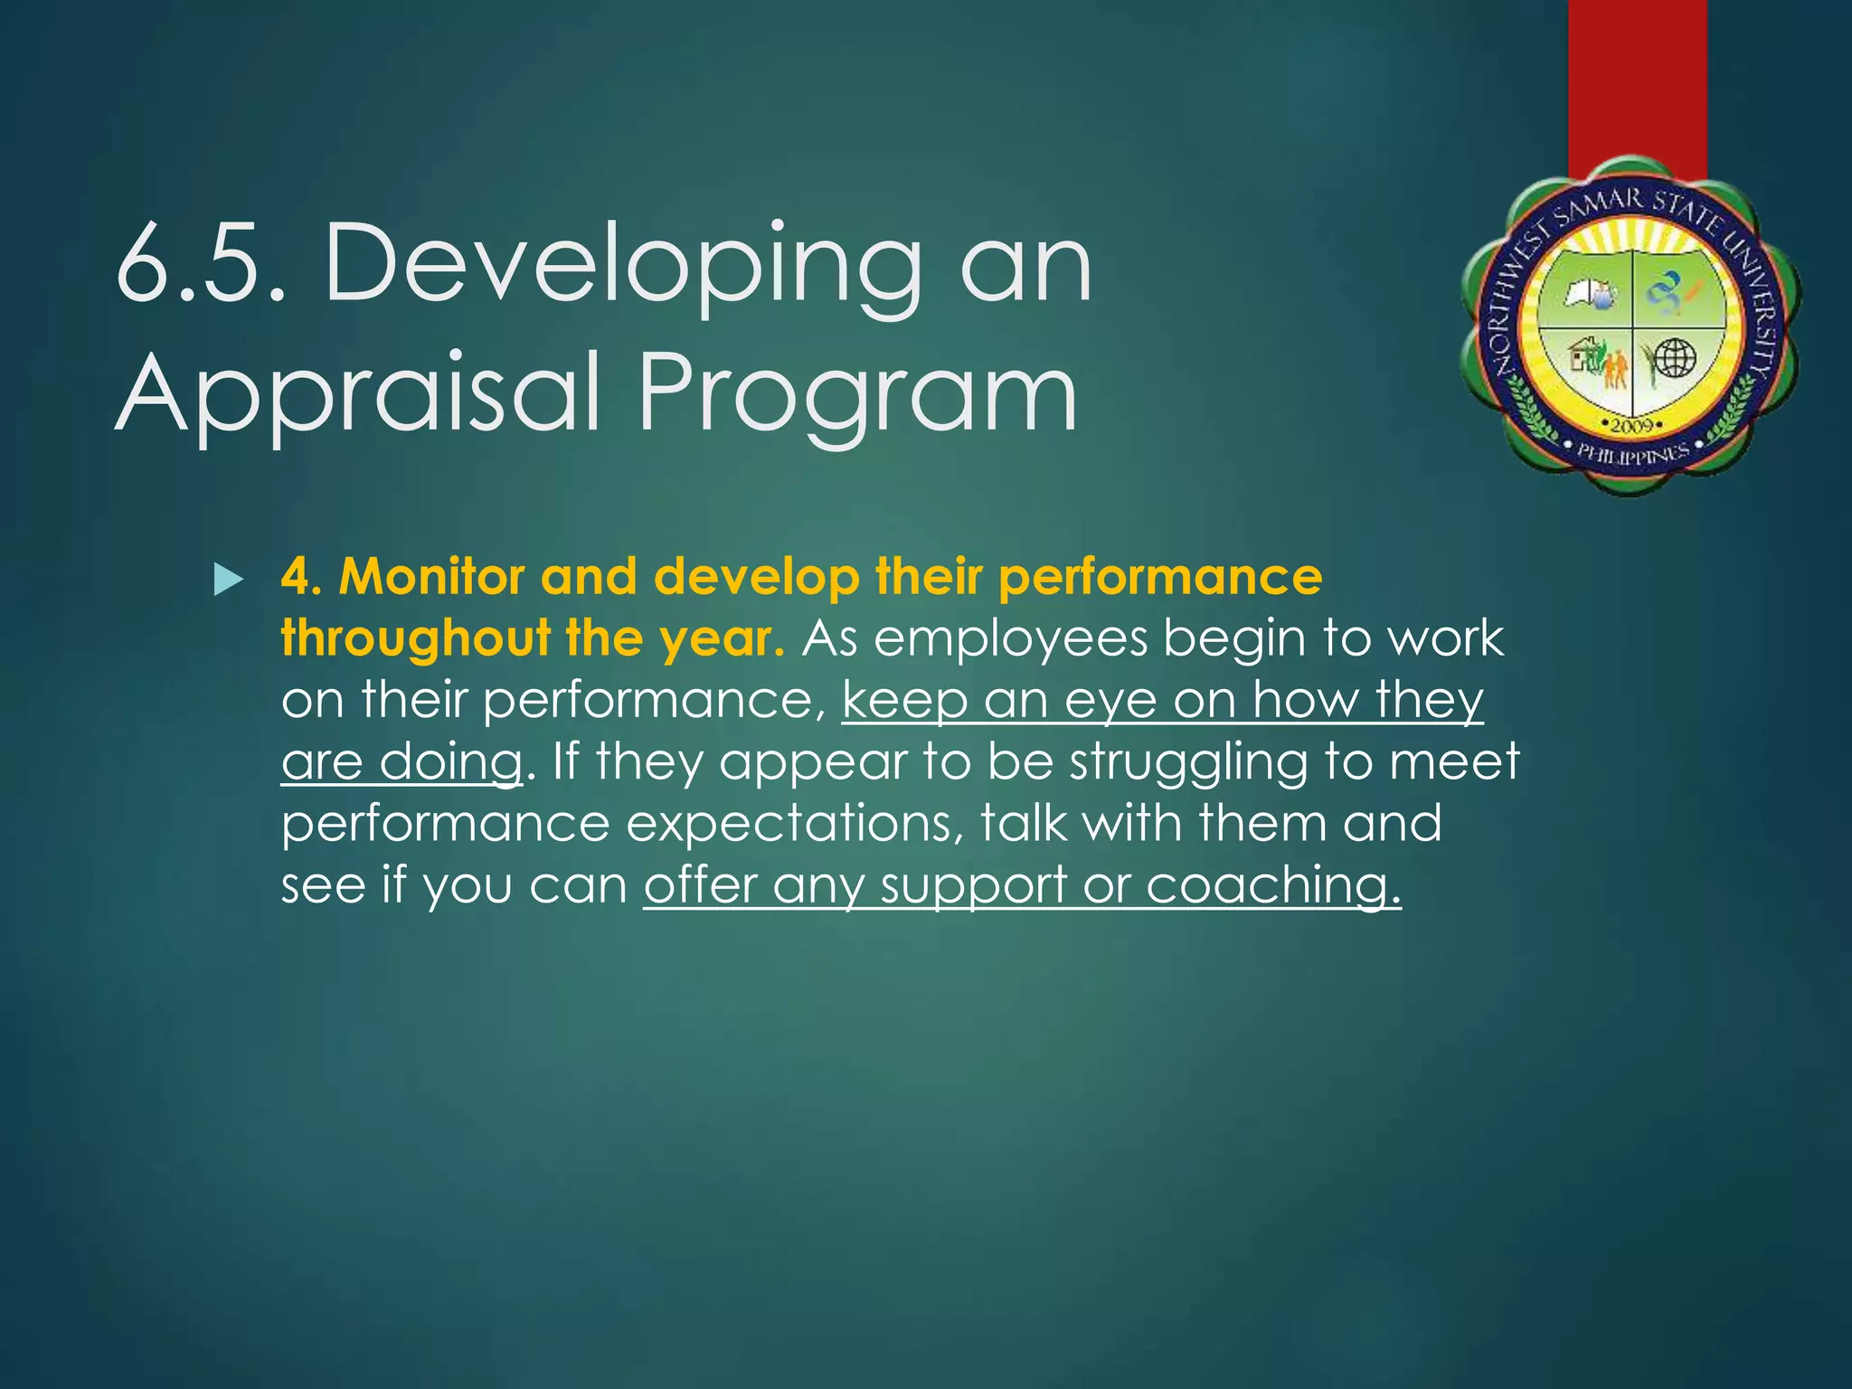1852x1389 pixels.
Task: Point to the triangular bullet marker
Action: [x=229, y=580]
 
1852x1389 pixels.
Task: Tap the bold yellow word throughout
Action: [x=415, y=638]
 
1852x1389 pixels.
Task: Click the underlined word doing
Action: [x=449, y=762]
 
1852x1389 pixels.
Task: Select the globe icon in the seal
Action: [x=1674, y=358]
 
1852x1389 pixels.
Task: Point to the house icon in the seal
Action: [x=1583, y=354]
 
